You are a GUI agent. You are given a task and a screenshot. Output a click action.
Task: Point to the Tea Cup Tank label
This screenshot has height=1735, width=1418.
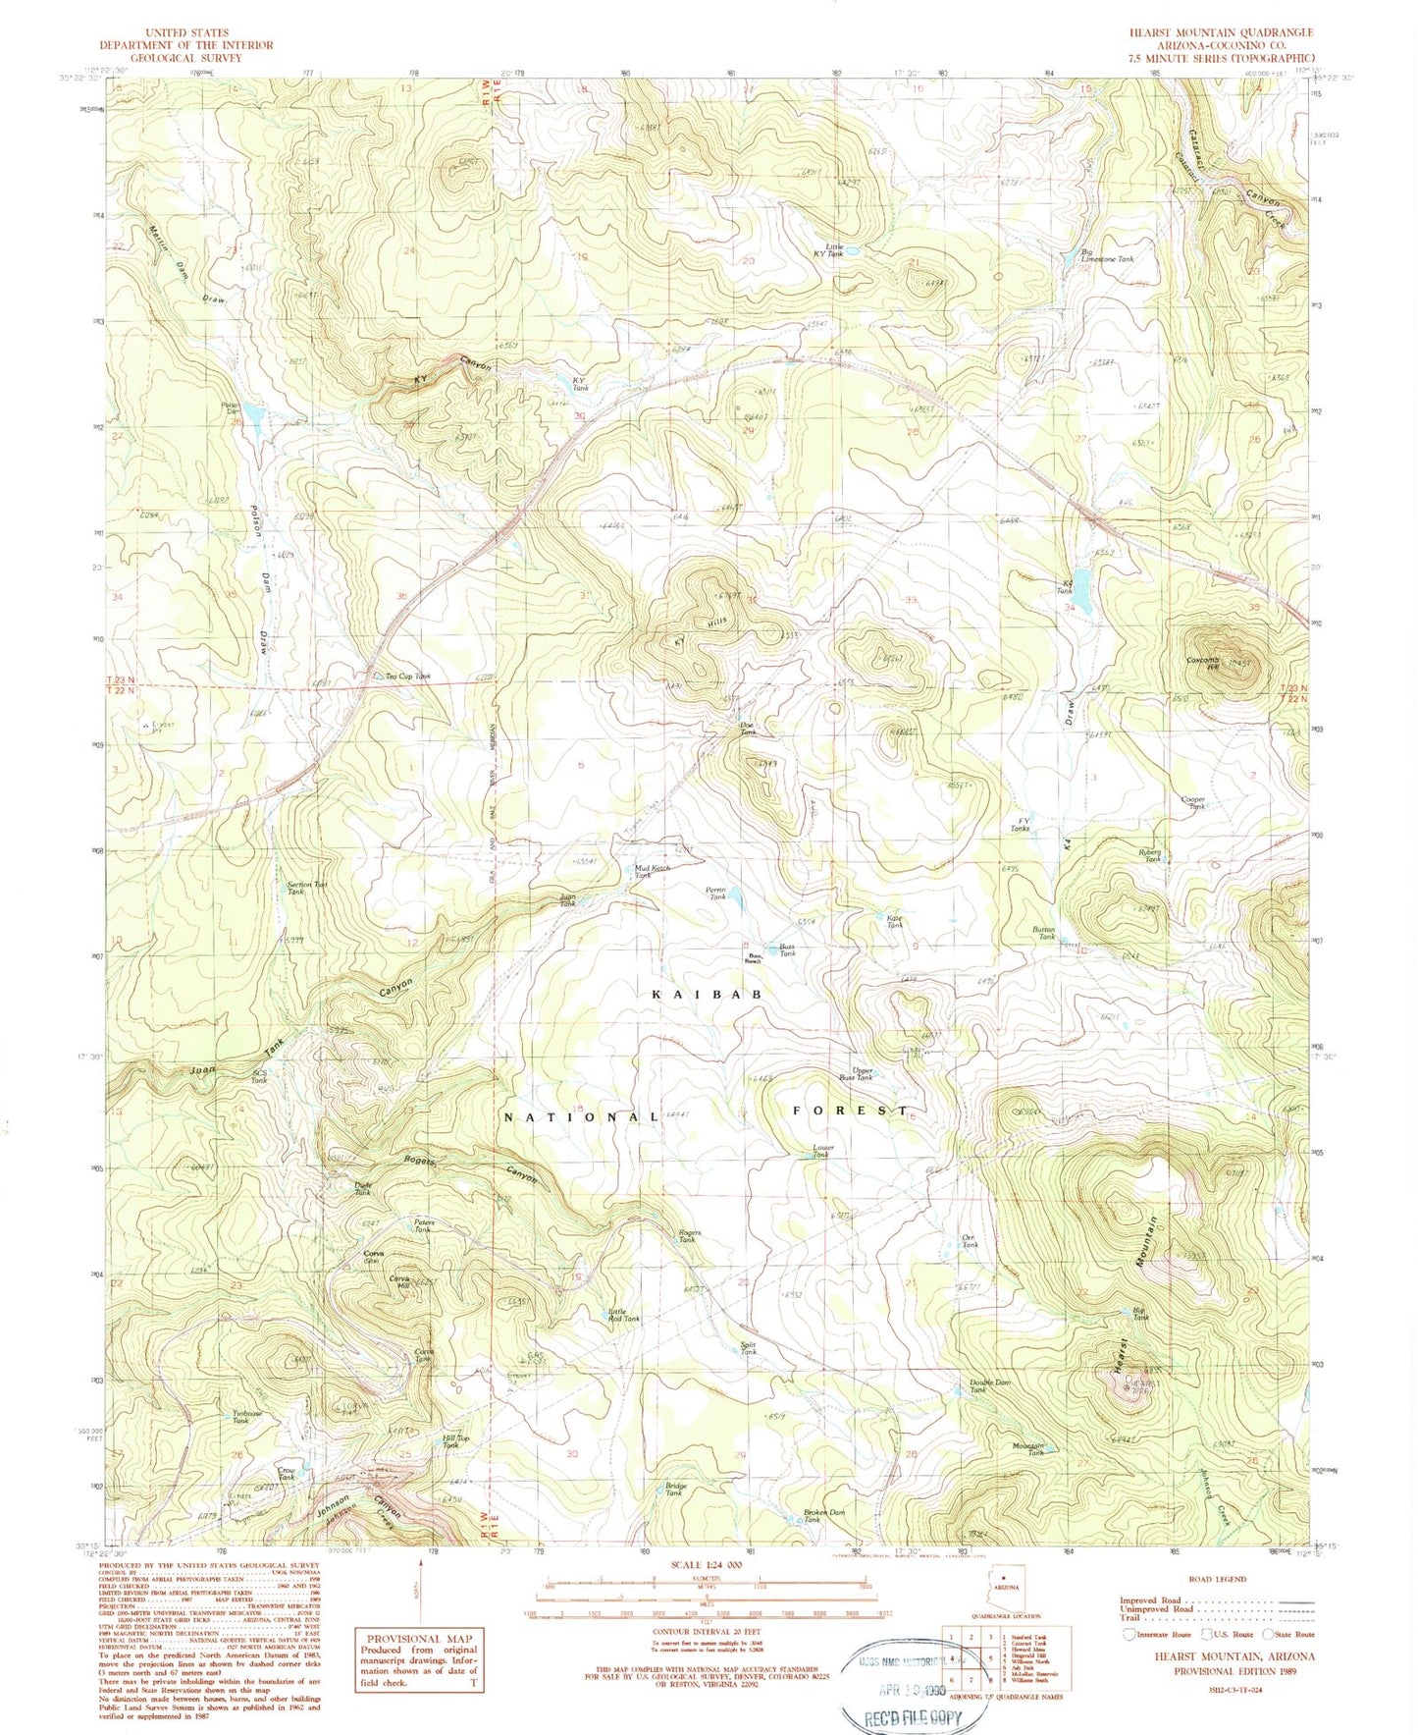[407, 677]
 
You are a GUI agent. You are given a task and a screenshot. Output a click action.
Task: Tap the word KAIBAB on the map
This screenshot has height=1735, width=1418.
[706, 995]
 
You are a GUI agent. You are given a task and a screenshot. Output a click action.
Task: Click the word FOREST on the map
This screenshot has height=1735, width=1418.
[850, 1111]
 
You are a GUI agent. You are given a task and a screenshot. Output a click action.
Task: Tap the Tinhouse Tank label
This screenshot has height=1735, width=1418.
[246, 1417]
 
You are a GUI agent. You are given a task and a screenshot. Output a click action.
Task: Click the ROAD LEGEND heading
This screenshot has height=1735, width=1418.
[1218, 1579]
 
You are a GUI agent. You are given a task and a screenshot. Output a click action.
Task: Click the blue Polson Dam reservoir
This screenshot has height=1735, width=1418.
[253, 416]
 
